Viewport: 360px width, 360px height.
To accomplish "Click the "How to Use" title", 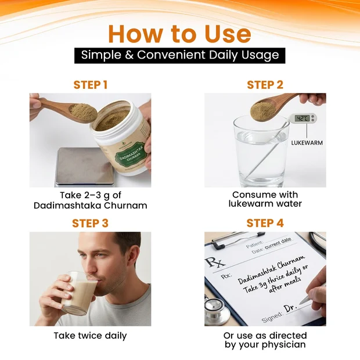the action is (180, 34).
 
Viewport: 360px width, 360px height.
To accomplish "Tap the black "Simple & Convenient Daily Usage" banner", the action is (180, 55).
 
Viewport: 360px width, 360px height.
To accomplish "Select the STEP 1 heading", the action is (91, 85).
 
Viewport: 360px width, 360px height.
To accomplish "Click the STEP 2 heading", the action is (265, 85).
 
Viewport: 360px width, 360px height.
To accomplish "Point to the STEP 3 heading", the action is (90, 223).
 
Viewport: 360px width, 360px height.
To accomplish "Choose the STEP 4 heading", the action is (265, 223).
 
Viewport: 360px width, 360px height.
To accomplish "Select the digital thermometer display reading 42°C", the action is (303, 118).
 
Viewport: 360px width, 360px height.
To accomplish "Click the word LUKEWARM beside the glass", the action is (307, 143).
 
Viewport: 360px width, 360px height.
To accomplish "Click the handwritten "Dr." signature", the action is (291, 308).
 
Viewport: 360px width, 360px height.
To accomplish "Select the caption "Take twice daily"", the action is (90, 336).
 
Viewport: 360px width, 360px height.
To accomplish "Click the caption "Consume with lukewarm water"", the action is (265, 199).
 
